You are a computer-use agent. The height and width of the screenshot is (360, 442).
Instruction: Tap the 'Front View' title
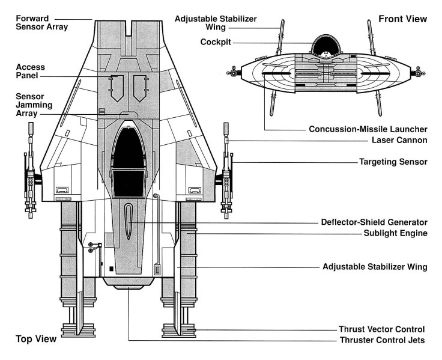click(402, 19)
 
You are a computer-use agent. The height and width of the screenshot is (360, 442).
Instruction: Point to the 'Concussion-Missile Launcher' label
click(368, 129)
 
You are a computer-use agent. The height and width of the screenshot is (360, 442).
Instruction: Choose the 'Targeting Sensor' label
click(393, 162)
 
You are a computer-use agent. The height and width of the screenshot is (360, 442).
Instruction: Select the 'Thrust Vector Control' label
click(382, 329)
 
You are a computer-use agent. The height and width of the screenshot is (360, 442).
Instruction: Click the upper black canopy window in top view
click(130, 147)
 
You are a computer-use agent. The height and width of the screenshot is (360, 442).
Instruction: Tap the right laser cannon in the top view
click(227, 171)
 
